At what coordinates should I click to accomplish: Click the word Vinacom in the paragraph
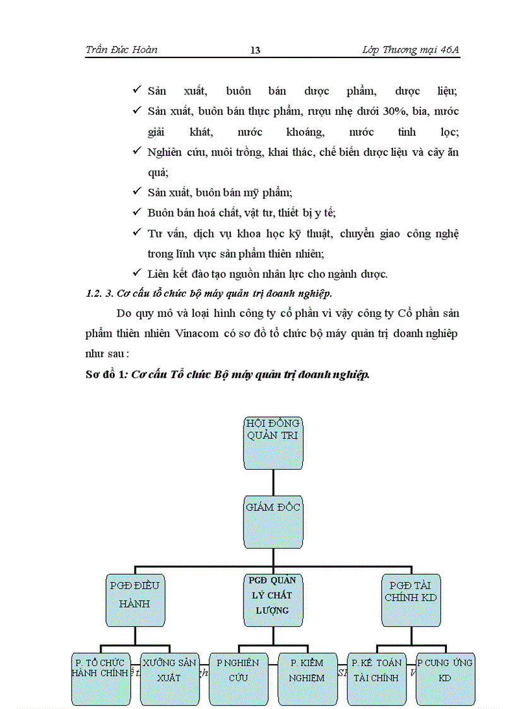click(195, 334)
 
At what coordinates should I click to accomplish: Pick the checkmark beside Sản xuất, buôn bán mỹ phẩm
click(137, 192)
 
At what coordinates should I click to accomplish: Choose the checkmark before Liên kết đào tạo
click(137, 273)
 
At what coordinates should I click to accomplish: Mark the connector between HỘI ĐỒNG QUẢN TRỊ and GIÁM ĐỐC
click(273, 479)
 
